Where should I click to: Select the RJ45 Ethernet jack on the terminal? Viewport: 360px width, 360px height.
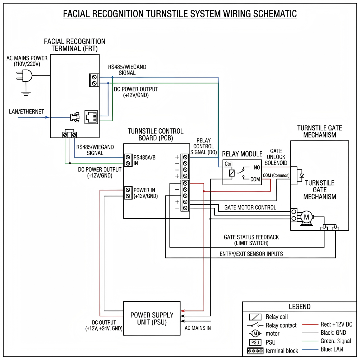pos(91,117)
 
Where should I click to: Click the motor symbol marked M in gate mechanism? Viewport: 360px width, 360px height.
pos(306,217)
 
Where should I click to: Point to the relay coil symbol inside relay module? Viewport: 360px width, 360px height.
pos(232,173)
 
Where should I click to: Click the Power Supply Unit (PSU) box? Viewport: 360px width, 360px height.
pos(152,319)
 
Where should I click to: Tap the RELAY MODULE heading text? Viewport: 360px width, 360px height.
pos(242,154)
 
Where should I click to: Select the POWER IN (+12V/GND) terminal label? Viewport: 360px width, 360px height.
pos(145,193)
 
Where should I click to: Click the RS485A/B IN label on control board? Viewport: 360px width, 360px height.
pos(144,160)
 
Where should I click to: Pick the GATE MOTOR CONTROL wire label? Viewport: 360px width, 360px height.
pos(250,207)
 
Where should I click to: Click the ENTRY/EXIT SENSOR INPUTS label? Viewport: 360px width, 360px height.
pos(251,254)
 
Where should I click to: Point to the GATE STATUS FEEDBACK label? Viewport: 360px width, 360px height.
pos(251,237)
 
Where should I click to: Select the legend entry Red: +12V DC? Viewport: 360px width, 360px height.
pos(336,324)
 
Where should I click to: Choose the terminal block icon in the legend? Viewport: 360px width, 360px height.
pos(255,351)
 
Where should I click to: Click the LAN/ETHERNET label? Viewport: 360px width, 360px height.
pos(26,112)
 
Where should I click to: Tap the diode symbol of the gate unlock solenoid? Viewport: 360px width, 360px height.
pos(301,175)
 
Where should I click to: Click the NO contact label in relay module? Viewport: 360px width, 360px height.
pos(257,168)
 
